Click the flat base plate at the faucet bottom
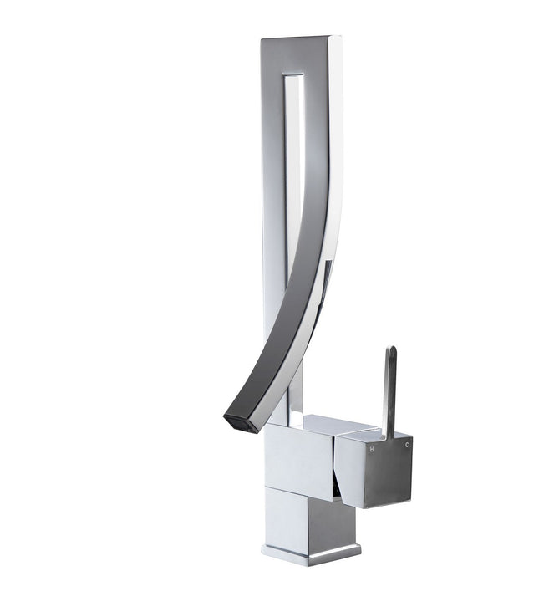(309, 552)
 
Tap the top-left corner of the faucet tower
(262, 39)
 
